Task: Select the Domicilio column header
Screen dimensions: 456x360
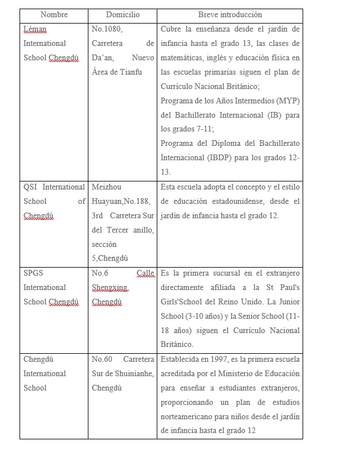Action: tap(123, 15)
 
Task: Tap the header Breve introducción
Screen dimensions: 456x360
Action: tap(230, 15)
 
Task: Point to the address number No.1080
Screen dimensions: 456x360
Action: tap(107, 29)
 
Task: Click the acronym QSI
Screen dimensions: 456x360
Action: tap(30, 187)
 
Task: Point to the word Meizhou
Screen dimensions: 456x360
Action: tap(107, 187)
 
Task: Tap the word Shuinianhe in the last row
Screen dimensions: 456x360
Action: tap(134, 373)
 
